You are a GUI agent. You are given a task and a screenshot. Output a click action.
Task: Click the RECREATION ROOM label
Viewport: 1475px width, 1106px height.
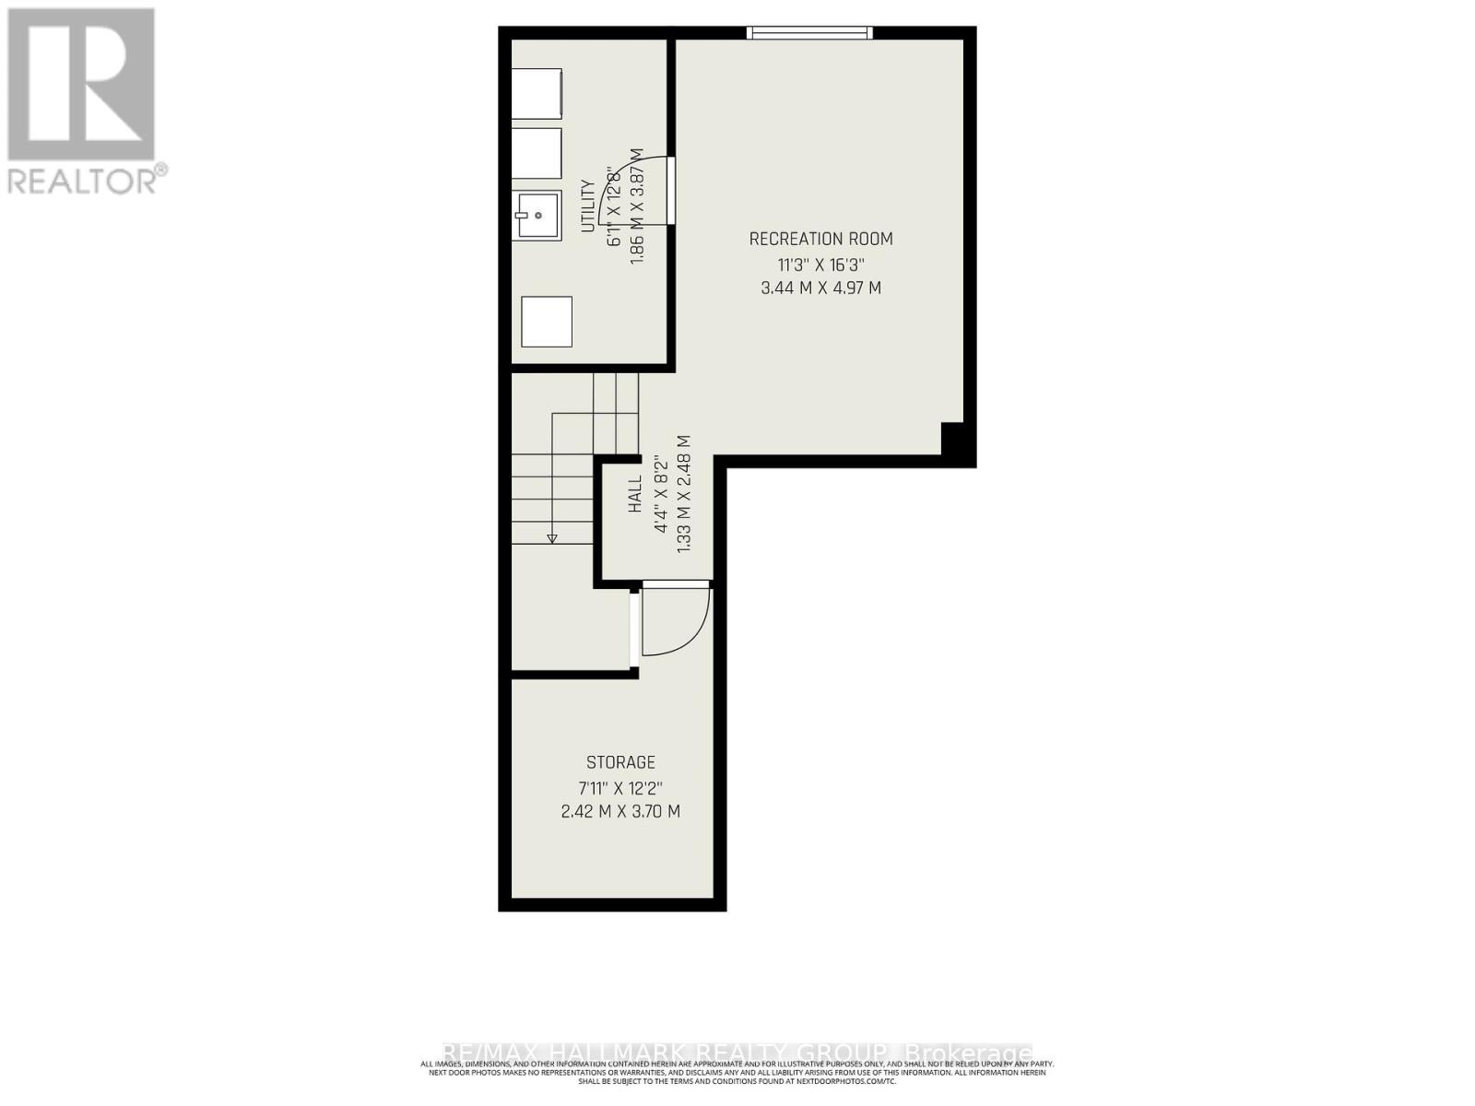pos(820,240)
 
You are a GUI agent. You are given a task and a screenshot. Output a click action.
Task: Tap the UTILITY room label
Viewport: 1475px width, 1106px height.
pos(587,206)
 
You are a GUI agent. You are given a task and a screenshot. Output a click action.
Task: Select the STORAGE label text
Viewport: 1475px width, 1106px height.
pos(620,762)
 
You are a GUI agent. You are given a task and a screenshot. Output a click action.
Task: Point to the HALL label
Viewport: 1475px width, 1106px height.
pos(635,495)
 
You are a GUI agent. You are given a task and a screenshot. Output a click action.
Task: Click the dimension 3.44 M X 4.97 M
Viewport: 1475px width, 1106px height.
pos(820,288)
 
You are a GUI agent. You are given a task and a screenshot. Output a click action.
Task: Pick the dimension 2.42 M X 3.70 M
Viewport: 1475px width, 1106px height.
pos(620,812)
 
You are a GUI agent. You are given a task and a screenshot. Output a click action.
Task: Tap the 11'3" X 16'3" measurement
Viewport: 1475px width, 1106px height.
pos(820,265)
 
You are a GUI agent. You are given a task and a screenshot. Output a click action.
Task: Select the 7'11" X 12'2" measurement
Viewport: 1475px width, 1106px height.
pos(620,788)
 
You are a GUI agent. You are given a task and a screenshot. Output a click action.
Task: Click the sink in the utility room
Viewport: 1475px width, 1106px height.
pos(537,216)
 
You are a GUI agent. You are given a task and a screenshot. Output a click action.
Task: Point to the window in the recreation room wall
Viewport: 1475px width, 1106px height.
pos(809,33)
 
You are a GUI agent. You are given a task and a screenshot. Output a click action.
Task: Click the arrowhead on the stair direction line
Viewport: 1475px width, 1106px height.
pos(552,537)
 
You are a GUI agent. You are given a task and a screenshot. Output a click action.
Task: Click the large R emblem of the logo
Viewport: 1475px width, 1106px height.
pos(81,85)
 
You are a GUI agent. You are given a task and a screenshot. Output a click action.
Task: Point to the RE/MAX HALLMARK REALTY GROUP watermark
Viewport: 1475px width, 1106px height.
pos(737,1053)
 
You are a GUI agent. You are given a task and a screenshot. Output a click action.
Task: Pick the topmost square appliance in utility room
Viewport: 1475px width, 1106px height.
pos(537,93)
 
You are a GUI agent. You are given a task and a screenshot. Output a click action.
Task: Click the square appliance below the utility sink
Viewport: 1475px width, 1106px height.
pos(547,322)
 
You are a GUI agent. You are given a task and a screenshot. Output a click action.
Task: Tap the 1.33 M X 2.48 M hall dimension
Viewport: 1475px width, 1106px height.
pos(684,495)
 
